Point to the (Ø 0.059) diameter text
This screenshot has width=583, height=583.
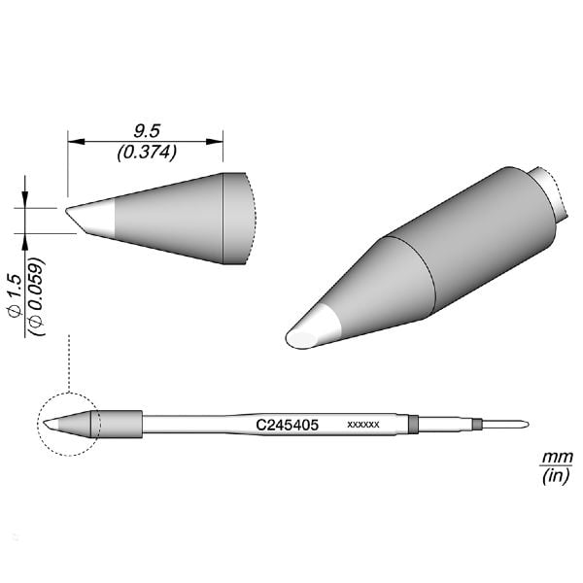coord(36,296)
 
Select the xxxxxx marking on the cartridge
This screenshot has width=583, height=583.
coord(362,426)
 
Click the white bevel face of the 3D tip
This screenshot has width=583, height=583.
coord(314,327)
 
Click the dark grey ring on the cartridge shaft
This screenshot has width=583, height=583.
coord(413,424)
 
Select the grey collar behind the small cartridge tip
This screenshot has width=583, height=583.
coord(120,424)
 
